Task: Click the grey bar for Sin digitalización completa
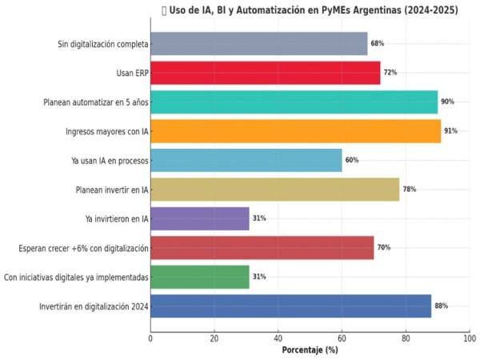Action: click(258, 43)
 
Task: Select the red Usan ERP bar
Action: click(265, 73)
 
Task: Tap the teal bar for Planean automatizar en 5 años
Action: click(294, 102)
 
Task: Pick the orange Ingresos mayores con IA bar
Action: click(295, 130)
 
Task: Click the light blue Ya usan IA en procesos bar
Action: click(246, 160)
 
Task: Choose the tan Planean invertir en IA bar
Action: click(274, 189)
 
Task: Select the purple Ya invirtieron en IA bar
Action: click(199, 218)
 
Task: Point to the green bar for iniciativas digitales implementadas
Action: click(199, 277)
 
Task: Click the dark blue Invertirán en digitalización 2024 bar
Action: click(290, 306)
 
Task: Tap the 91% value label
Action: click(450, 131)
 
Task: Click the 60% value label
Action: click(351, 160)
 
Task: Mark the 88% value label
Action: click(441, 306)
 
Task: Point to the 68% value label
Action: click(377, 44)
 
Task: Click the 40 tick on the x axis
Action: click(278, 338)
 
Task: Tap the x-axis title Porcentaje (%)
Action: click(310, 350)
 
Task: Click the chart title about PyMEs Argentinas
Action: click(314, 10)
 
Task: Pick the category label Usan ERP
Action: click(132, 73)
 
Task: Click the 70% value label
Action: click(383, 248)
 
